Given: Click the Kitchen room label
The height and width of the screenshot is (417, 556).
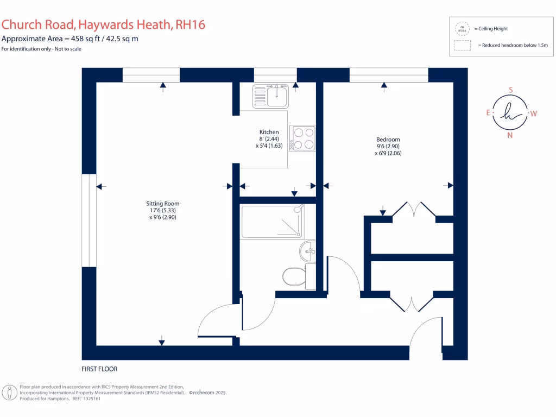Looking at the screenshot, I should (x=269, y=132).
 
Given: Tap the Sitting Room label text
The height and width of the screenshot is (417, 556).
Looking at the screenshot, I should (x=163, y=204).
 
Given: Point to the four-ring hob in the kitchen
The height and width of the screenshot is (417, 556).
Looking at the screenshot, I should (x=302, y=138).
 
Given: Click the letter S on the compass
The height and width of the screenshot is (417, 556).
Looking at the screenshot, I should (x=510, y=90).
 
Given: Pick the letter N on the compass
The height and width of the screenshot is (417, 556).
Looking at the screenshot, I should (x=510, y=136).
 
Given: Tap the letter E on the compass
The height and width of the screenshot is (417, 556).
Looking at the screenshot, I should (x=488, y=113).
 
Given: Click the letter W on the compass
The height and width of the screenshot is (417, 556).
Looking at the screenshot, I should (x=533, y=113).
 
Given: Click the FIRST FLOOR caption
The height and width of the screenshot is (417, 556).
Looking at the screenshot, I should (x=99, y=369).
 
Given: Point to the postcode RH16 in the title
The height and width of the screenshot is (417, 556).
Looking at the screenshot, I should (x=187, y=25).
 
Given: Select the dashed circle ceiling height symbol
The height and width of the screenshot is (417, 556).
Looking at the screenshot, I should (x=462, y=28).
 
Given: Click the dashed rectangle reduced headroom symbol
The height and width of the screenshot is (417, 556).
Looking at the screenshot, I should (x=462, y=46).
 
